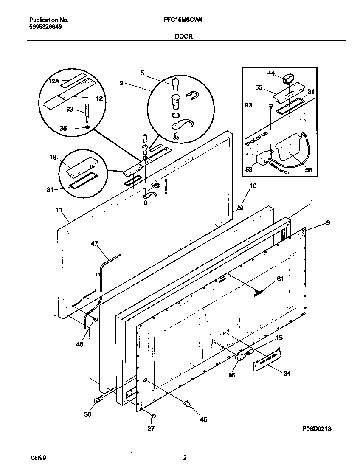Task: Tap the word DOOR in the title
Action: tap(184, 37)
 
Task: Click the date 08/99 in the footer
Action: tap(38, 458)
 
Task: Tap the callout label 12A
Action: tap(54, 81)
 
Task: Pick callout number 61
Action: tap(280, 279)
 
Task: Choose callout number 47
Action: tap(94, 244)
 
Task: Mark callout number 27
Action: tap(151, 428)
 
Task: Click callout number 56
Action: tap(308, 169)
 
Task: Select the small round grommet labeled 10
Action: tap(239, 208)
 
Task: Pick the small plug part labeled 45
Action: tap(186, 404)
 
